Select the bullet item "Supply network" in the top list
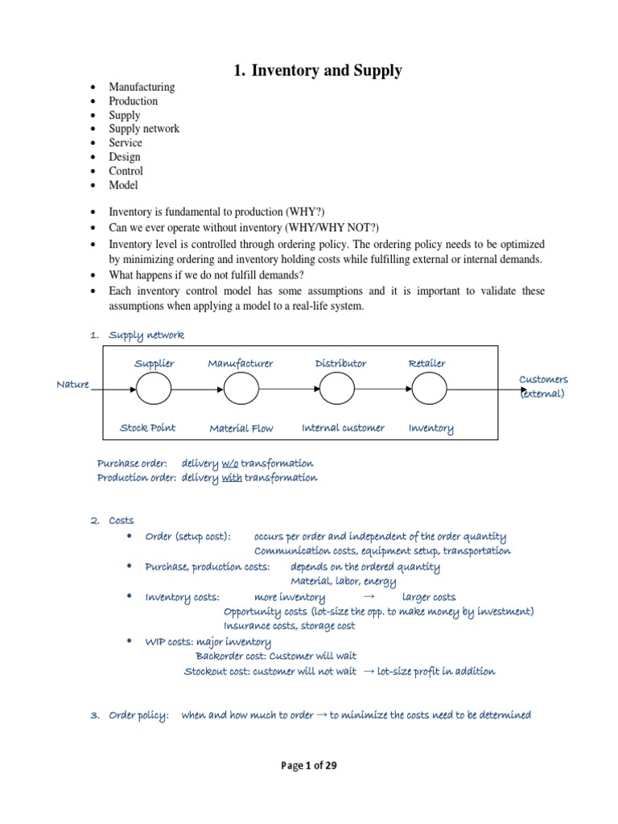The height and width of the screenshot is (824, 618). (x=144, y=129)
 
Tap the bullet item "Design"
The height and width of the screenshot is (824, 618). (x=125, y=157)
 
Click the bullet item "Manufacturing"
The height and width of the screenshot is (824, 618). (x=142, y=87)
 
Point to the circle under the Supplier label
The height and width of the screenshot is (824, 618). (x=154, y=390)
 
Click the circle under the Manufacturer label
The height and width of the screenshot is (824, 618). (x=241, y=390)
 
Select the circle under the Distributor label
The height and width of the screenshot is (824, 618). (x=338, y=390)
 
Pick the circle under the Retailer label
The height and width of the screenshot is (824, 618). (x=429, y=390)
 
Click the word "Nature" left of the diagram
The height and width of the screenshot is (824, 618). (x=72, y=385)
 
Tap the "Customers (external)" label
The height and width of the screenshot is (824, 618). (x=543, y=386)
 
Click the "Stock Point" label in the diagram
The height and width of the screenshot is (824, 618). (x=147, y=428)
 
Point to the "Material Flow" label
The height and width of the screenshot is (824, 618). (x=241, y=429)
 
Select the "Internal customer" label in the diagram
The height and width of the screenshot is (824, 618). (x=343, y=428)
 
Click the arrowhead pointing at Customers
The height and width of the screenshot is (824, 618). (x=522, y=390)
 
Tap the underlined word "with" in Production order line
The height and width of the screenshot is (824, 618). (x=232, y=478)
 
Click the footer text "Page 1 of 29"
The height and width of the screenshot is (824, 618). (x=309, y=766)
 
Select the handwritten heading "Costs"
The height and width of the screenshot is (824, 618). (x=122, y=521)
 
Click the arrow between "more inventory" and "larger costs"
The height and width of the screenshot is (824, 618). (x=369, y=597)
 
